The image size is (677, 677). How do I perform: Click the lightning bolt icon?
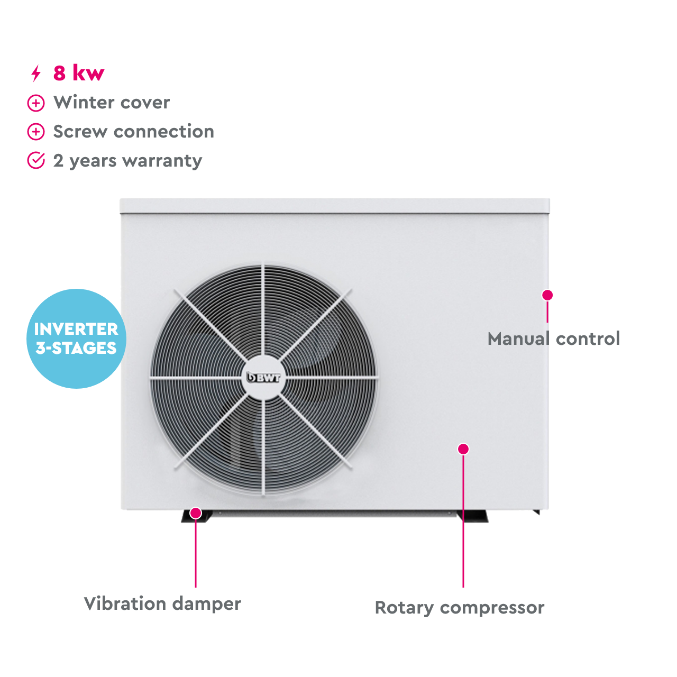point(36,74)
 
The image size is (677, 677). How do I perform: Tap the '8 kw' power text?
point(78,73)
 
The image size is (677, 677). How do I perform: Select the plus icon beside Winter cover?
point(36,103)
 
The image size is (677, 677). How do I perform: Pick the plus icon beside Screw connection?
point(36,132)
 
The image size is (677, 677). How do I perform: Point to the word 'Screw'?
point(80,132)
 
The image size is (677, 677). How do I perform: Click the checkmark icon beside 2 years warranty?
point(36,160)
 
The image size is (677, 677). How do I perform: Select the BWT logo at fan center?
point(263,378)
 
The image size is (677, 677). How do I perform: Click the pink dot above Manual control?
point(548,295)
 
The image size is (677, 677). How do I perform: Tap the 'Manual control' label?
point(553,338)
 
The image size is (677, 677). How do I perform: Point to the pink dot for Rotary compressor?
point(463,449)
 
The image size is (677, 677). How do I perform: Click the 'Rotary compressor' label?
point(459,607)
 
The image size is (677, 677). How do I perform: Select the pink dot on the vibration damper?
point(196,513)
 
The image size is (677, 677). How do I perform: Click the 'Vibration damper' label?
point(162,603)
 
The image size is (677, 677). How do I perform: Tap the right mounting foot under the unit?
point(473,516)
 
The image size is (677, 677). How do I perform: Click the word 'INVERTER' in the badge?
point(76,329)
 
